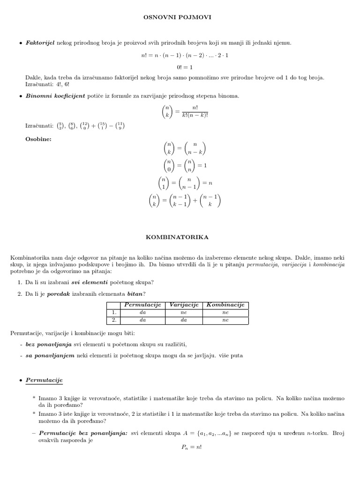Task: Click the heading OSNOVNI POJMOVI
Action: pos(178,17)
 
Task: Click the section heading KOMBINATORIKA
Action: pos(178,238)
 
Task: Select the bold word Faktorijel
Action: pos(40,43)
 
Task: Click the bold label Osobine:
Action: pos(38,139)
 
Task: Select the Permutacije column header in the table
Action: pos(142,305)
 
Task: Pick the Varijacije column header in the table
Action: pos(183,305)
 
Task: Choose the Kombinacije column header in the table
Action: pos(225,305)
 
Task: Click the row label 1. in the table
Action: pos(112,312)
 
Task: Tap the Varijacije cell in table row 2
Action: pos(183,320)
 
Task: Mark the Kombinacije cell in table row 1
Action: pos(225,312)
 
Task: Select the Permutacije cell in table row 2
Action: pos(142,320)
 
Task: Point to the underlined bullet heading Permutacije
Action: pos(44,380)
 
